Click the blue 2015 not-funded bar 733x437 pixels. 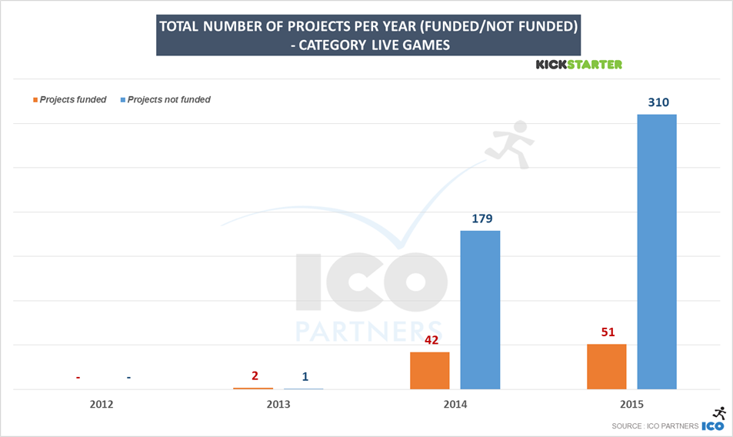click(656, 252)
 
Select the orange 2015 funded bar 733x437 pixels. click(606, 366)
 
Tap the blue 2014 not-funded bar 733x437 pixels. click(480, 309)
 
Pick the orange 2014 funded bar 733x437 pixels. click(429, 370)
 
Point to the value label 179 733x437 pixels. click(480, 218)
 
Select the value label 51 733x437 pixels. click(607, 332)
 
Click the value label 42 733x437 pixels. click(430, 339)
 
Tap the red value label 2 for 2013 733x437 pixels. click(255, 375)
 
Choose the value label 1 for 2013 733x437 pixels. click(305, 376)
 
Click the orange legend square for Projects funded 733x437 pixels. click(35, 100)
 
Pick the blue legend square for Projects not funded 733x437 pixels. click(122, 100)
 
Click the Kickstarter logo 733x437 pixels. click(578, 65)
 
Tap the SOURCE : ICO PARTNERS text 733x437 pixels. click(655, 425)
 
